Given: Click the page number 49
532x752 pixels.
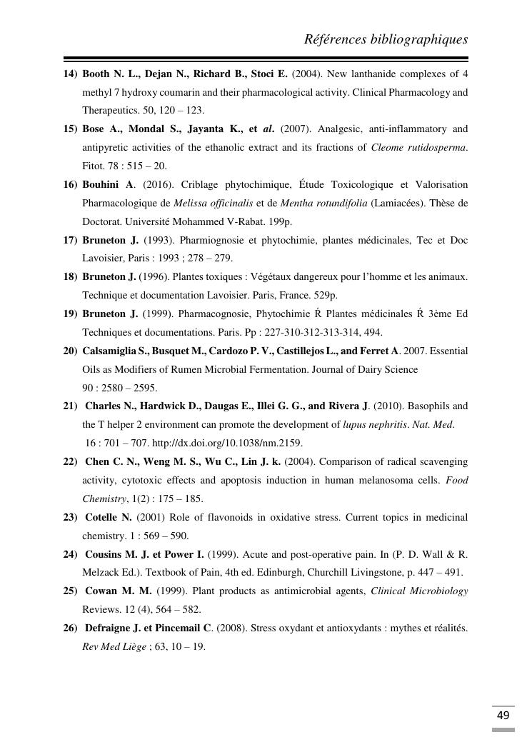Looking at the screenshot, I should click(x=503, y=716).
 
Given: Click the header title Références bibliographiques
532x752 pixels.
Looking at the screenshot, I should click(x=386, y=39).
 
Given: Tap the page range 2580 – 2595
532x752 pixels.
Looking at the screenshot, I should click(x=126, y=388).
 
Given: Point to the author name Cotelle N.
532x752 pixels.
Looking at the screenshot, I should click(x=109, y=517).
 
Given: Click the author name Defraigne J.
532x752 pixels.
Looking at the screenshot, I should click(x=114, y=628).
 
